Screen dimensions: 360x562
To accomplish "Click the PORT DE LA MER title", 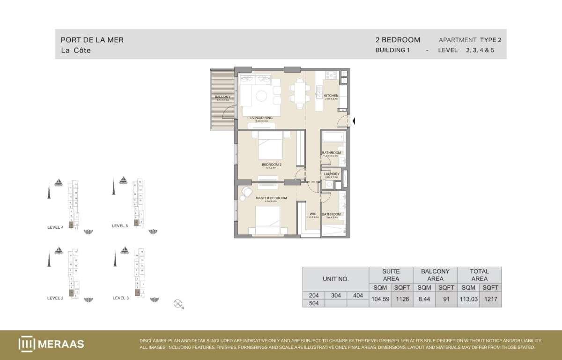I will tap(92, 40).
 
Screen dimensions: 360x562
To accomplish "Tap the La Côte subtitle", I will tap(75, 51).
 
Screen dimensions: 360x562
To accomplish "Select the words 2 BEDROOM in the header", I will tap(398, 40).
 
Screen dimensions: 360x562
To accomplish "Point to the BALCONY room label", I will tap(222, 97).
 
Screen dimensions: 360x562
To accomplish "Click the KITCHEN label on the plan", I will tap(331, 96).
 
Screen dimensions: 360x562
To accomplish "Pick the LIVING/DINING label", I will tap(261, 118).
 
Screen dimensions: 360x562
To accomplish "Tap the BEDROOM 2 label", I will tap(271, 165).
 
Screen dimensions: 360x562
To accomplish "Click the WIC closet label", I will tap(312, 214).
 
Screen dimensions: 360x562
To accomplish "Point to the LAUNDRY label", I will tap(331, 174).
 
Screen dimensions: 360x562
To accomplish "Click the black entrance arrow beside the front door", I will tap(354, 121).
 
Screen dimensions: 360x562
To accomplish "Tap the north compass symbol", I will tap(178, 304).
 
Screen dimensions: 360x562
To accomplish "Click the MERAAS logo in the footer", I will tap(52, 344).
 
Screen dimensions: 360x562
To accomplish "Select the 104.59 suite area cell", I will tap(380, 299).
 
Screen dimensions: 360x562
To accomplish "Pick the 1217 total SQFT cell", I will tap(490, 299).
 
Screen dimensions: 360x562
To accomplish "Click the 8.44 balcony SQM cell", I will tap(424, 299).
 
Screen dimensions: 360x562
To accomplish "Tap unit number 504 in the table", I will tap(313, 303).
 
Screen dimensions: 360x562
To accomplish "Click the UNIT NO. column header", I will tap(335, 279).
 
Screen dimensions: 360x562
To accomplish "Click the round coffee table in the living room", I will tap(261, 96).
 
